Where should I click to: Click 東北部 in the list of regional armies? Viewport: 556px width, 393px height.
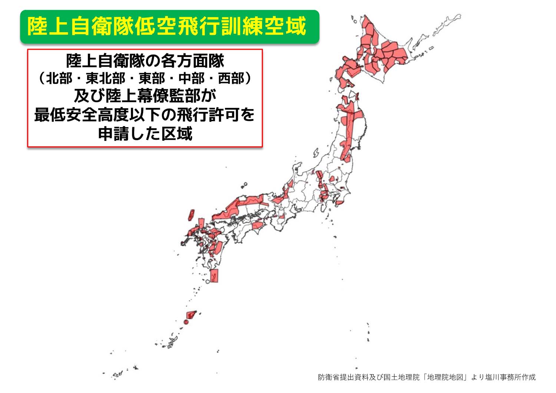106,79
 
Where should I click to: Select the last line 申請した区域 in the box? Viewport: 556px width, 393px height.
145,133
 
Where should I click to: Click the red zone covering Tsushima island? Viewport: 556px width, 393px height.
191,215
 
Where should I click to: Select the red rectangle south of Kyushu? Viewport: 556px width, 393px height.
214,276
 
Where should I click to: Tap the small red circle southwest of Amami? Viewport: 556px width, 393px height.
186,322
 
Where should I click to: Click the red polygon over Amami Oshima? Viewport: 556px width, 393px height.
191,315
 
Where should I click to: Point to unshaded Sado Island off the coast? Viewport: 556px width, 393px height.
316,153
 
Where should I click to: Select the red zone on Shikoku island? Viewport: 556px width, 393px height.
257,225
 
